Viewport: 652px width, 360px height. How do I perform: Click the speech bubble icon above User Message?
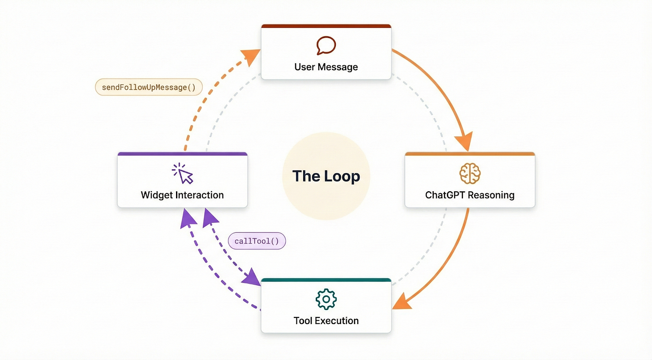point(326,45)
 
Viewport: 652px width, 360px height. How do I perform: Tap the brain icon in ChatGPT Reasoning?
point(470,173)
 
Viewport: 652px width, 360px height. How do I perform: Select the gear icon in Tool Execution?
point(326,299)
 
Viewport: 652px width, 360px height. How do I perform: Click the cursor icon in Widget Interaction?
point(183,174)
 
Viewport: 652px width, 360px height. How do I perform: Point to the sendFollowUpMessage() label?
point(149,87)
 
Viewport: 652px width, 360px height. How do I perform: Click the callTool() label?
point(257,241)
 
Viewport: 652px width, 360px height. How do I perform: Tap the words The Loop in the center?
point(326,176)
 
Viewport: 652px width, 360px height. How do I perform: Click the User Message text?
point(326,67)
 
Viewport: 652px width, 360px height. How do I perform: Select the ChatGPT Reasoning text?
point(470,195)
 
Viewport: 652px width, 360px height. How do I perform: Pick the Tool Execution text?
point(326,321)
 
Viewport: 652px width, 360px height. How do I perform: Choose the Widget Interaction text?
point(182,195)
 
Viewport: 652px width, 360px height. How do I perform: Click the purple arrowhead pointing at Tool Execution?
point(250,278)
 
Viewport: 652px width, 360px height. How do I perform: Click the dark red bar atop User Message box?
point(326,26)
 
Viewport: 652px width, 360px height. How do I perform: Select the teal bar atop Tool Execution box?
point(326,280)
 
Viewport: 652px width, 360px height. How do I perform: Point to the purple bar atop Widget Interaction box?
point(182,154)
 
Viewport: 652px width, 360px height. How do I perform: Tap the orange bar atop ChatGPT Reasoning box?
point(470,154)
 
